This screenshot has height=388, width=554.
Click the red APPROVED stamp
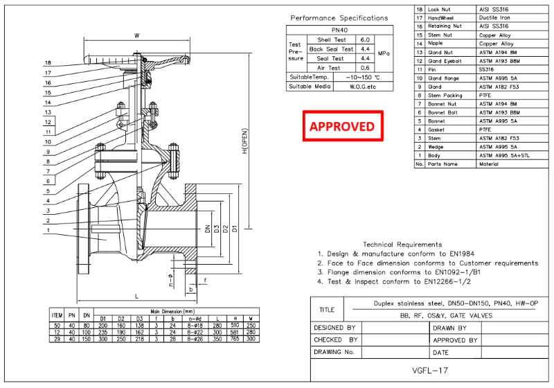tap(342, 126)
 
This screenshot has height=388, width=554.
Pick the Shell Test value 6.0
tap(366, 40)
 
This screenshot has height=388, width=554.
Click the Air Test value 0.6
tap(366, 68)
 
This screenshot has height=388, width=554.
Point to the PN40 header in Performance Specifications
tap(339, 30)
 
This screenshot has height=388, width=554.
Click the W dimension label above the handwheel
tap(137, 35)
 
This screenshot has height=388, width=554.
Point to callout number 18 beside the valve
tap(47, 62)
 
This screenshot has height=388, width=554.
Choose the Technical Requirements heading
tap(402, 244)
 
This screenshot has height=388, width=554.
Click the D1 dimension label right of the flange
tap(234, 228)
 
